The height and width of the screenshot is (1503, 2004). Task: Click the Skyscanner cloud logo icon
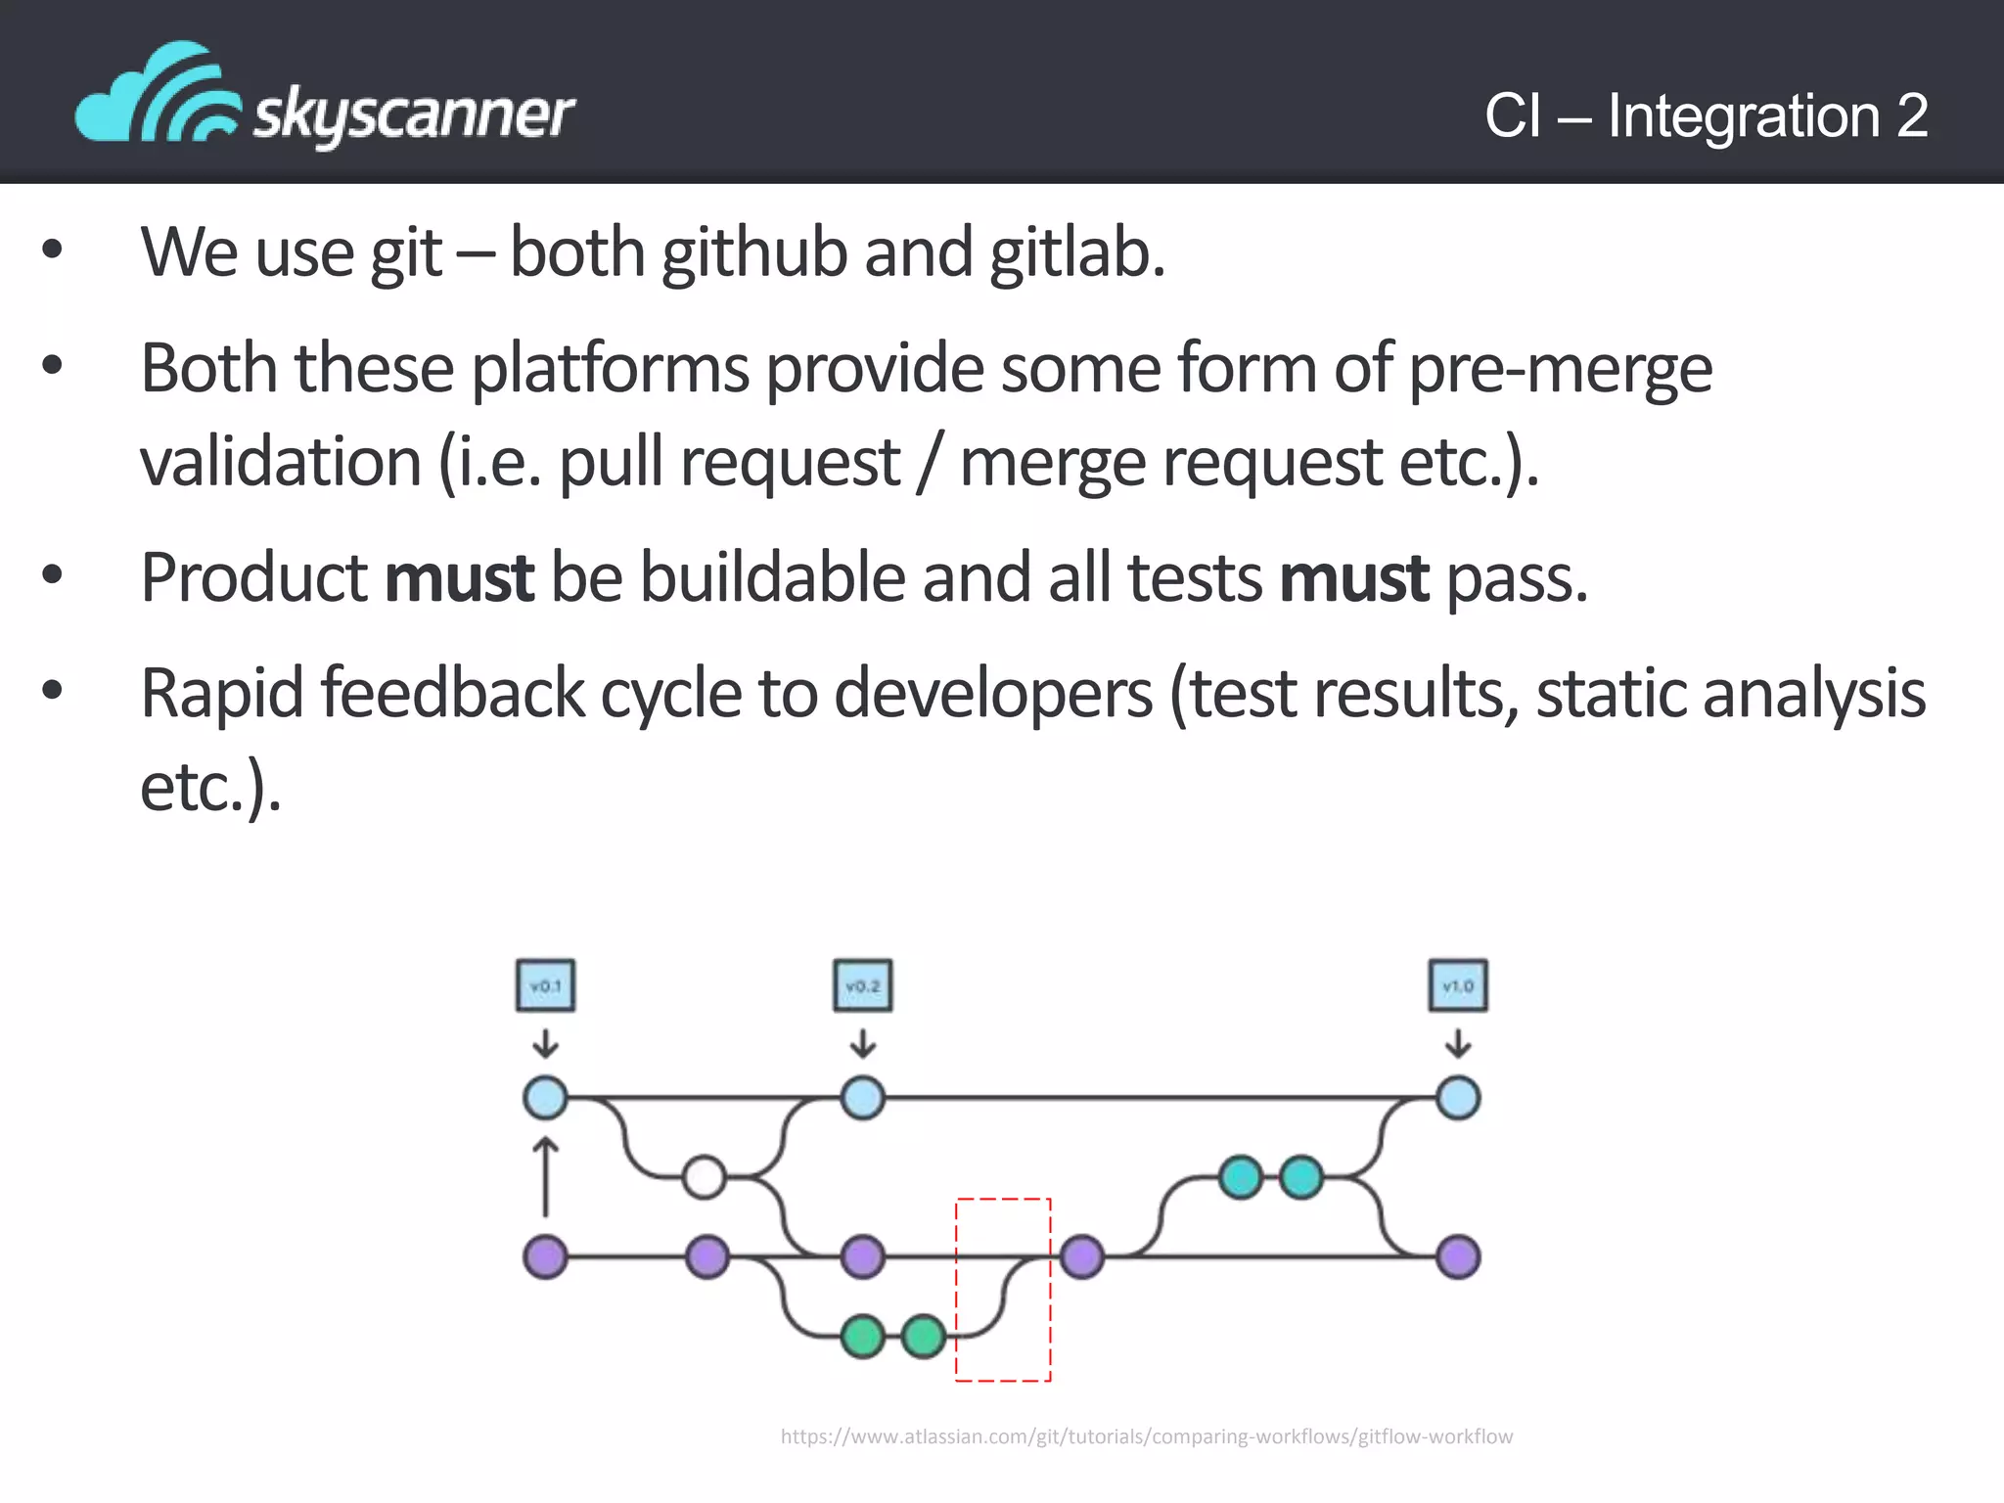click(157, 95)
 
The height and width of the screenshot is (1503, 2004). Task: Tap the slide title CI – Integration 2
click(1706, 115)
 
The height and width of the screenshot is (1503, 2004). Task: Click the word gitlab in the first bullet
click(1076, 253)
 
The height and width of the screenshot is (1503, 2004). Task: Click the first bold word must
click(458, 578)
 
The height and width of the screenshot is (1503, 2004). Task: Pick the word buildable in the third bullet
click(772, 578)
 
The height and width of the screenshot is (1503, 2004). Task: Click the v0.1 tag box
click(545, 985)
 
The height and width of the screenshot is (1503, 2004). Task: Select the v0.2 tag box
click(862, 985)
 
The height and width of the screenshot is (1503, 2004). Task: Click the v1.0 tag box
click(1458, 985)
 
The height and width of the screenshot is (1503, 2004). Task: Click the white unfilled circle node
click(704, 1177)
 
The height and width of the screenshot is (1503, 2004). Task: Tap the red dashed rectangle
click(1003, 1290)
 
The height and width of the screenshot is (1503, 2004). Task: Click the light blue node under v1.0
click(1458, 1098)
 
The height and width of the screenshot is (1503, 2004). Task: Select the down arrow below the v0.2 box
click(862, 1043)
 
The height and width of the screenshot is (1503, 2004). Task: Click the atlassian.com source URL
click(1146, 1436)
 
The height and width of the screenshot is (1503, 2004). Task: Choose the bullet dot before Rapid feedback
click(53, 691)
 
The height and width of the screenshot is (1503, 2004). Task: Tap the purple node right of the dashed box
click(1081, 1256)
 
